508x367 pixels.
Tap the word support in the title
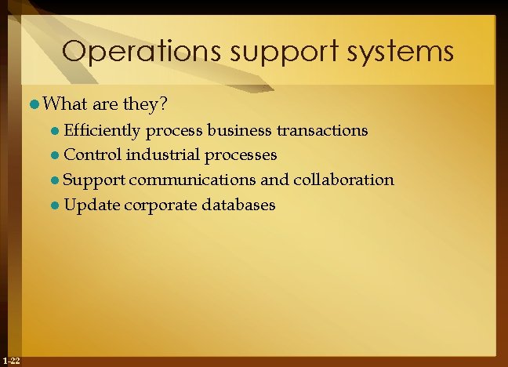tap(265, 53)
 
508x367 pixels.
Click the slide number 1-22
tap(12, 360)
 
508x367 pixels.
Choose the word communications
tap(192, 180)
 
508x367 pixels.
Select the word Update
tap(92, 205)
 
